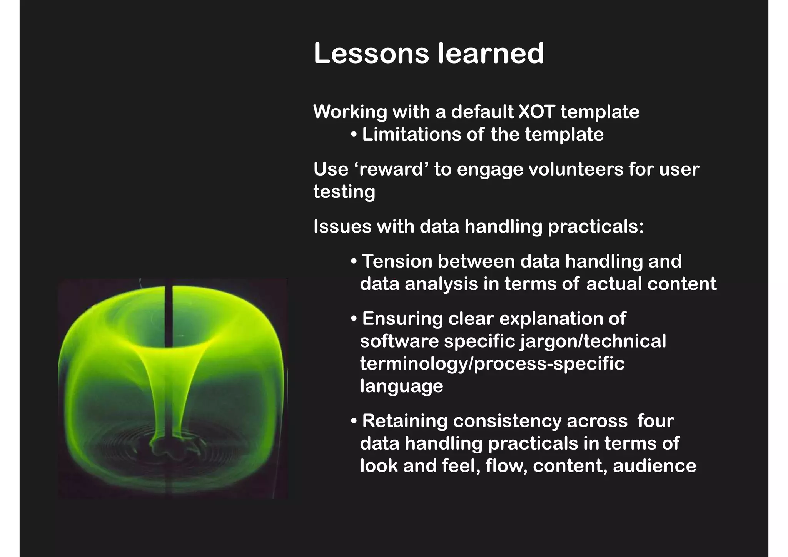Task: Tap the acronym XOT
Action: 536,112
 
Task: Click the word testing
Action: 344,192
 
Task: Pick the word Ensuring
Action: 402,319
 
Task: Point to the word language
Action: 401,386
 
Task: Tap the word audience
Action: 654,466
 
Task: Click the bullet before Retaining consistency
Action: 354,421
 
